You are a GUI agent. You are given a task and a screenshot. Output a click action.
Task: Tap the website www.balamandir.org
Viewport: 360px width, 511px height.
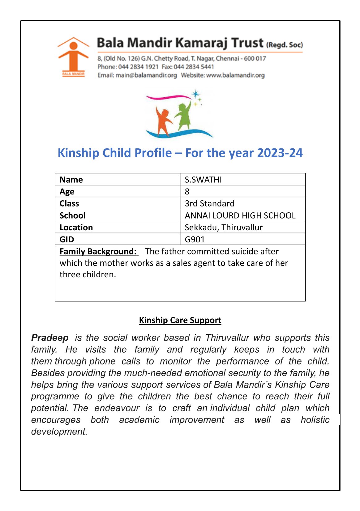(x=235, y=75)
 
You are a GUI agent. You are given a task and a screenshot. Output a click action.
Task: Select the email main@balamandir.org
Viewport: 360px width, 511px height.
(x=146, y=75)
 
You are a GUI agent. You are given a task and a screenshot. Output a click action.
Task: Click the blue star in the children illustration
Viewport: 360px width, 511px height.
(x=195, y=94)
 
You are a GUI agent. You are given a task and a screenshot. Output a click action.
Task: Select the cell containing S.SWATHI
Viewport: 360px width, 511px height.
(x=203, y=180)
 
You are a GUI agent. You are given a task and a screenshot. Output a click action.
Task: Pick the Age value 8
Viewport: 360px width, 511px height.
(x=187, y=192)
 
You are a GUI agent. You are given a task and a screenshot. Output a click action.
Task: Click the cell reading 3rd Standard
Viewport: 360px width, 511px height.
(x=209, y=203)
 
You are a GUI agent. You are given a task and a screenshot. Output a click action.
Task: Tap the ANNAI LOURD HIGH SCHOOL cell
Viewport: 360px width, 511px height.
(x=240, y=215)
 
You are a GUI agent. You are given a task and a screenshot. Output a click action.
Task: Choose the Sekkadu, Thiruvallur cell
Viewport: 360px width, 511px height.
(x=223, y=228)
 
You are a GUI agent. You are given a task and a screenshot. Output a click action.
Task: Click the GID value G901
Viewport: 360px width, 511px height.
(x=195, y=239)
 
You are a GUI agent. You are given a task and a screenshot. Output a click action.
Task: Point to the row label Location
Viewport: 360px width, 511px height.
(x=76, y=228)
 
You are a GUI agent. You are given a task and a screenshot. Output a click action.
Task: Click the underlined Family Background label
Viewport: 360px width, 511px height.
(x=98, y=251)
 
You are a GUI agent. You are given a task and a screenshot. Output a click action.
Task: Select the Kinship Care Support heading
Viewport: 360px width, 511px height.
(x=180, y=320)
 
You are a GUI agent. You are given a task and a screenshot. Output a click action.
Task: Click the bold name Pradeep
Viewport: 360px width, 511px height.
(x=50, y=338)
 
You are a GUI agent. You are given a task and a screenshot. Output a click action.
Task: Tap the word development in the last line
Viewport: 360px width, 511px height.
(x=59, y=432)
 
